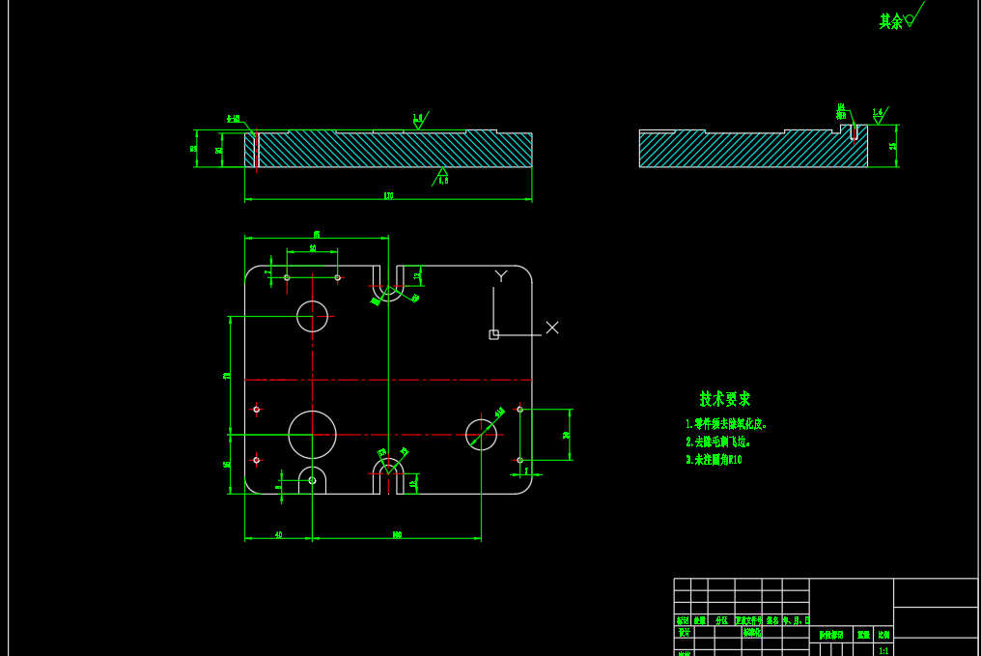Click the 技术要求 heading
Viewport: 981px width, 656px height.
(725, 399)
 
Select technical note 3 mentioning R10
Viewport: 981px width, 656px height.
(714, 460)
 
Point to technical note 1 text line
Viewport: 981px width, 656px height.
(726, 424)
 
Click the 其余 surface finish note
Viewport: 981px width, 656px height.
(890, 21)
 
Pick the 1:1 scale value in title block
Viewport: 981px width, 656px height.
(883, 651)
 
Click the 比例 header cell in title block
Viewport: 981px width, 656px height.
(883, 635)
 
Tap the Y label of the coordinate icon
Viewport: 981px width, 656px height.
(501, 276)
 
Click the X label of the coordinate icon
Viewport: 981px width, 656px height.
(552, 328)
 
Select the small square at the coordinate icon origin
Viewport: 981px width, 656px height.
(493, 334)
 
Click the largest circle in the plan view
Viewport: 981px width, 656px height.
(312, 435)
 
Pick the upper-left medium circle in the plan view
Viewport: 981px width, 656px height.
(312, 316)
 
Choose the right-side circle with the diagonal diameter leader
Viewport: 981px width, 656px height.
(481, 435)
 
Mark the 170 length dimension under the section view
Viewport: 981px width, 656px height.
(388, 196)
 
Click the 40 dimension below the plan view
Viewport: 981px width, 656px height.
(278, 534)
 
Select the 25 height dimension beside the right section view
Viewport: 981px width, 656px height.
(892, 146)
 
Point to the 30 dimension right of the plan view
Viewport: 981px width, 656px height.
(566, 435)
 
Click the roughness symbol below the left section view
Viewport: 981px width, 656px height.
(442, 175)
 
